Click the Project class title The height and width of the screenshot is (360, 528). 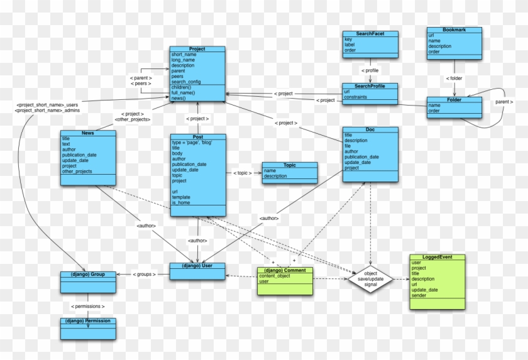click(x=197, y=48)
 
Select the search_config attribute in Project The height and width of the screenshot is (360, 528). click(x=186, y=82)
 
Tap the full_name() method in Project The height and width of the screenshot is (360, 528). click(x=184, y=93)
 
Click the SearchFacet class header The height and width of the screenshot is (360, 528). click(x=370, y=33)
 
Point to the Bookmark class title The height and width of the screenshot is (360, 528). click(x=454, y=30)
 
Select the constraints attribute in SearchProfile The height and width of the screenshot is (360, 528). click(x=356, y=97)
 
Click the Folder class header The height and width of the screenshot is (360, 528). click(x=454, y=99)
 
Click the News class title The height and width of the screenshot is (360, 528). click(x=88, y=133)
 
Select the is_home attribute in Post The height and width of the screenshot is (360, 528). click(x=182, y=202)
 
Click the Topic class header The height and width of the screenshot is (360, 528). click(x=289, y=165)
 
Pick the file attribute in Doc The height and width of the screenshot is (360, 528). click(x=348, y=146)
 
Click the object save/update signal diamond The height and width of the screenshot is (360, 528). click(x=370, y=279)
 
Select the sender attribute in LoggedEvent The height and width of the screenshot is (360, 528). click(x=419, y=295)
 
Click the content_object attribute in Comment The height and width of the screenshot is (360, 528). click(x=275, y=276)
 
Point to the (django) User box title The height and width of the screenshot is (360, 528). click(x=197, y=266)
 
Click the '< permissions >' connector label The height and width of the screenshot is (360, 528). click(x=88, y=306)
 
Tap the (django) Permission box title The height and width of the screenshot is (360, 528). click(x=88, y=320)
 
